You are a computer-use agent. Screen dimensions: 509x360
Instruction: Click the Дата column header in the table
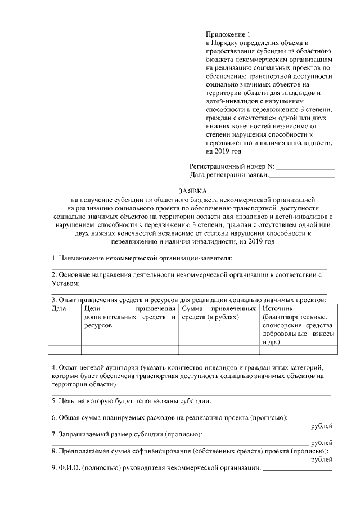[58, 309]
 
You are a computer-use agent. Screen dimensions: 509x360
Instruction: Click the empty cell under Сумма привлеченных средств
[219, 350]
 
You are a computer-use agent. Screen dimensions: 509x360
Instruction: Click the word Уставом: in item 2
[66, 284]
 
